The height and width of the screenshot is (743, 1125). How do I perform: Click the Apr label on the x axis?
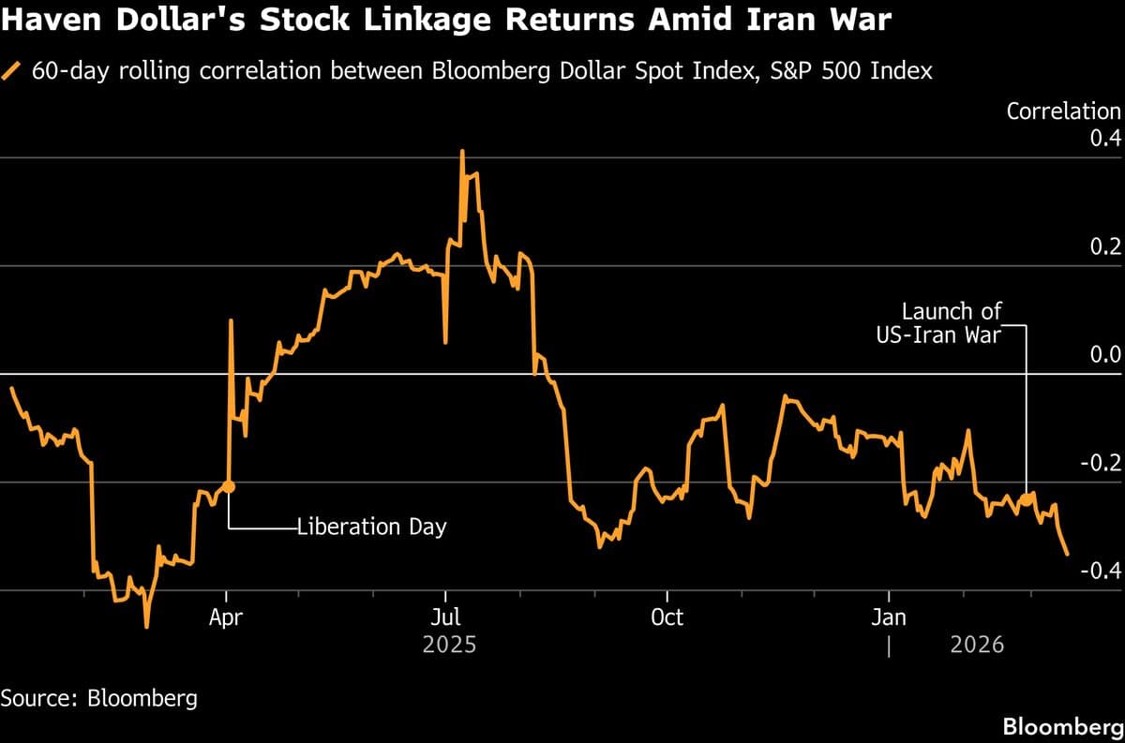pos(226,617)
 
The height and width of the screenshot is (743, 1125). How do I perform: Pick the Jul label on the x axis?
pos(446,617)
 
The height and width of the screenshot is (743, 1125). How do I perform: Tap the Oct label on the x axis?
pos(667,617)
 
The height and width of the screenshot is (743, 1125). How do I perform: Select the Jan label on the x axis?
pos(888,617)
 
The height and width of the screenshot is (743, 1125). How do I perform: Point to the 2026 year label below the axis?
pos(977,645)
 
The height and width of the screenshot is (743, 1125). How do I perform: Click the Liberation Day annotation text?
pos(372,527)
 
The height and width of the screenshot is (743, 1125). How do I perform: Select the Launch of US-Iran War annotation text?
pos(951,323)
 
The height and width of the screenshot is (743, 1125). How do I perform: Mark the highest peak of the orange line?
pos(462,151)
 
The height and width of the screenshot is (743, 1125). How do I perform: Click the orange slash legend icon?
pos(12,70)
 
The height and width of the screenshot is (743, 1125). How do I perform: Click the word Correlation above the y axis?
pos(1063,111)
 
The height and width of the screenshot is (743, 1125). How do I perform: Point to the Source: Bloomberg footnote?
pos(99,698)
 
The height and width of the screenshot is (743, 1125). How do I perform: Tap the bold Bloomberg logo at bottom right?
pos(1062,726)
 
